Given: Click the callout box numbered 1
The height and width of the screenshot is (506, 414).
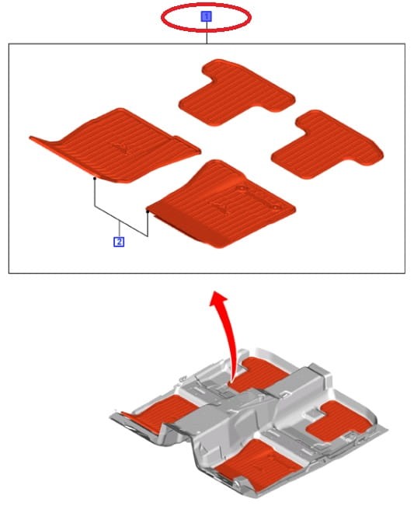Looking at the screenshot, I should tap(206, 16).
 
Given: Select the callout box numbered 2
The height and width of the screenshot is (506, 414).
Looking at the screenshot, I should tap(119, 242).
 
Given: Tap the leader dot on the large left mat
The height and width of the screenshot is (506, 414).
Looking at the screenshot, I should tap(94, 178).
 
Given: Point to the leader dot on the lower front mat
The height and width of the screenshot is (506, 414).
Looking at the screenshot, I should tap(148, 209).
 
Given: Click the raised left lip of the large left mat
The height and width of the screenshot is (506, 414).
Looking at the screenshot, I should tap(43, 141).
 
